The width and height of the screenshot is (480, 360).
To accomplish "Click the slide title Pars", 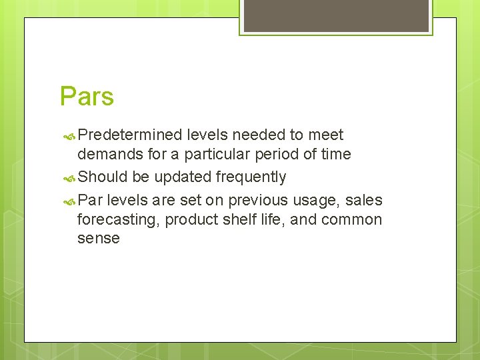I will pos(87,97).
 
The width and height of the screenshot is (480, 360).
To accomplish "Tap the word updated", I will pos(183,177).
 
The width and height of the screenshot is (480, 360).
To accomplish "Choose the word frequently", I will pos(251,177).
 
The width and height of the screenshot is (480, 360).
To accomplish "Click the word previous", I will pos(258,200).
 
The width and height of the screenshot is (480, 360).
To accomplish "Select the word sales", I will pos(364,200).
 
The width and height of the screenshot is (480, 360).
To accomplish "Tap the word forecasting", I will pos(117,220).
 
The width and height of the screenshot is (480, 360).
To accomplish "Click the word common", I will pos(352,220).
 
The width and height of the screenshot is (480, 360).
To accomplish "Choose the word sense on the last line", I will pos(99,239).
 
